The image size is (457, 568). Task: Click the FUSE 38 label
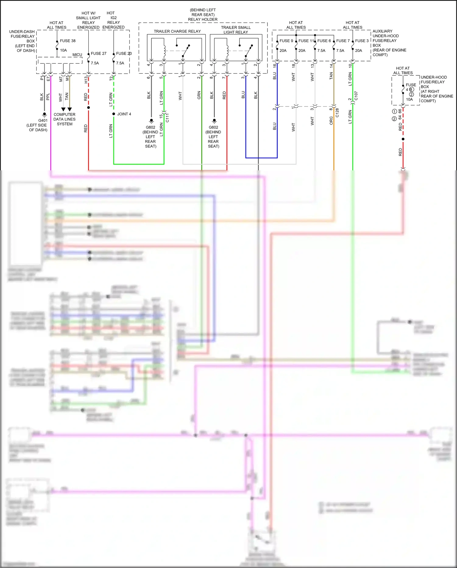[68, 41]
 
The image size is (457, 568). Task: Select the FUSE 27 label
[98, 53]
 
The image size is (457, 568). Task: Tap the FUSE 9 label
[286, 41]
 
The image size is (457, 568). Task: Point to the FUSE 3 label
[362, 41]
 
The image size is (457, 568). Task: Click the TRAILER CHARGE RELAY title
[177, 31]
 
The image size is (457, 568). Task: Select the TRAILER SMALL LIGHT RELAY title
[236, 30]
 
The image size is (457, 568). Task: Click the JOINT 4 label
[124, 114]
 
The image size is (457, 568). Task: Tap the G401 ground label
[43, 121]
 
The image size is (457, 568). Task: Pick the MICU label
[77, 55]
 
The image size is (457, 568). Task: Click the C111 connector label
[167, 118]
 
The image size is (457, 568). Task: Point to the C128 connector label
[337, 113]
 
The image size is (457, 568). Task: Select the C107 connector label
[356, 96]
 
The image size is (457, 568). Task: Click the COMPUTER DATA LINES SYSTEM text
[64, 119]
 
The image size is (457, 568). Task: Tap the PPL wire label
[48, 97]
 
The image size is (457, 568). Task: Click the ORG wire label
[331, 121]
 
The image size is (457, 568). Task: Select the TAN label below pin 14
[331, 76]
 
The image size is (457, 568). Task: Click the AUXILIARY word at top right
[382, 31]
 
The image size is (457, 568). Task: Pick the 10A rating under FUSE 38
[63, 50]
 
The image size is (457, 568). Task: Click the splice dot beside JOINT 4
[114, 114]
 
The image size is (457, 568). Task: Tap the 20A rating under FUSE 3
[359, 51]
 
